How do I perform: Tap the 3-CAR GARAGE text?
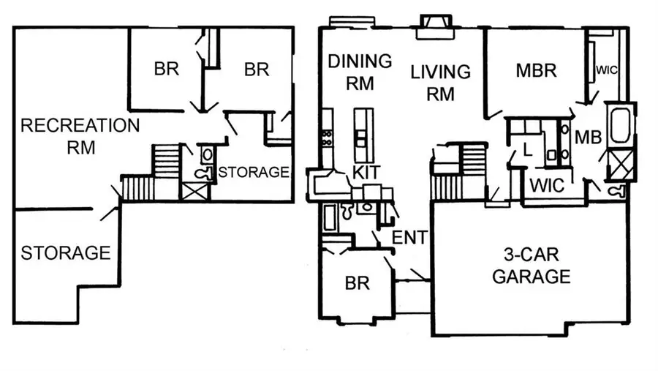click(531, 266)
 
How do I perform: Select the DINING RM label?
click(359, 72)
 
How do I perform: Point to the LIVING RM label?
click(440, 83)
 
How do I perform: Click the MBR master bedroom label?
click(536, 70)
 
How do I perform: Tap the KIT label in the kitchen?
click(366, 173)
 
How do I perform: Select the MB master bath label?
click(588, 137)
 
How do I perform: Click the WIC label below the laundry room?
click(547, 185)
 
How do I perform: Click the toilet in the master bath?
click(619, 190)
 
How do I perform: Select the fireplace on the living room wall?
click(434, 26)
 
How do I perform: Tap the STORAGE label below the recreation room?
click(65, 253)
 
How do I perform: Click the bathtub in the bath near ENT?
click(330, 217)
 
